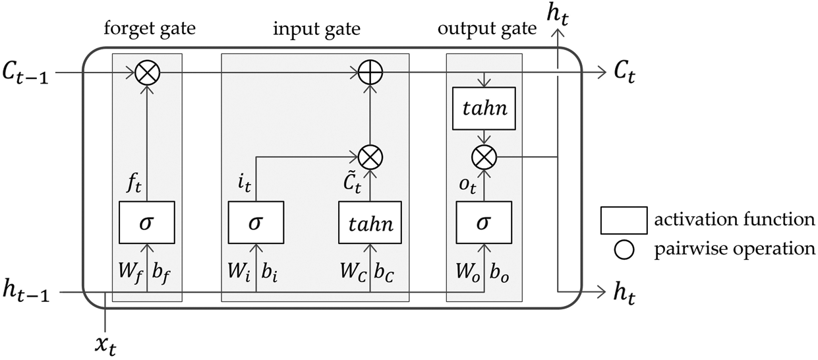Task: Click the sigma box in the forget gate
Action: (x=146, y=222)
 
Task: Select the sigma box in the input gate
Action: (x=255, y=222)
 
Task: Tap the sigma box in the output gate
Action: (x=484, y=222)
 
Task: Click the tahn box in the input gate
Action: (x=370, y=222)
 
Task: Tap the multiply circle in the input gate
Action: (x=370, y=157)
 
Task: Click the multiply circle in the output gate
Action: (x=484, y=157)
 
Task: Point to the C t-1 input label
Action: (x=29, y=73)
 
